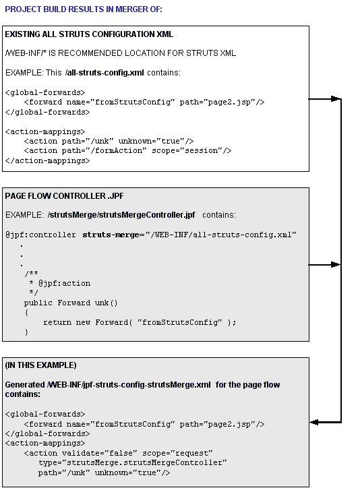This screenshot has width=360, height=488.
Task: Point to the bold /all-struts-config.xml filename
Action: coord(104,72)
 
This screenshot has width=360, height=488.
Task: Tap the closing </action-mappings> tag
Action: coord(47,160)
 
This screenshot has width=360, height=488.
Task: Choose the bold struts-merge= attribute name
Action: coord(111,235)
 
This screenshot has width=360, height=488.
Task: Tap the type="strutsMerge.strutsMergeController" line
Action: coord(131,463)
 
